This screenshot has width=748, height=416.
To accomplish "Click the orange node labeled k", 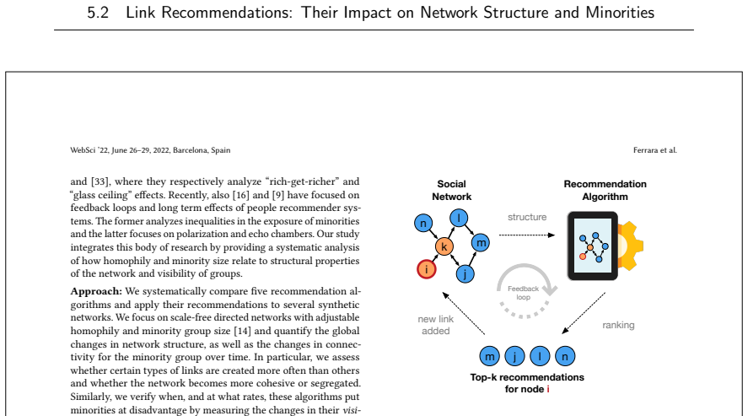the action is click(444, 246).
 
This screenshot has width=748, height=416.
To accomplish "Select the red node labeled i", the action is click(427, 269).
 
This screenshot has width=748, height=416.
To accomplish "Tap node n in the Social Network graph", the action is click(423, 223).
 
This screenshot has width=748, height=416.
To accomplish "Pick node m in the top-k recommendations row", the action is click(489, 356).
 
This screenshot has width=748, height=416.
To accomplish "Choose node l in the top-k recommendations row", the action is click(540, 356).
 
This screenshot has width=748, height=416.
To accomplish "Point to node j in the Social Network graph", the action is click(465, 274).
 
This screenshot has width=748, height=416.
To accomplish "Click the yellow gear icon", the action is click(630, 246).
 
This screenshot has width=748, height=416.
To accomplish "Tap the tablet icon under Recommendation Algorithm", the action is click(593, 246).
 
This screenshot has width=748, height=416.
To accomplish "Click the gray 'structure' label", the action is click(527, 217).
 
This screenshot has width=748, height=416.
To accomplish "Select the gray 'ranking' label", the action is click(618, 326).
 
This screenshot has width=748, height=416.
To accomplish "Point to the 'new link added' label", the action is click(435, 325).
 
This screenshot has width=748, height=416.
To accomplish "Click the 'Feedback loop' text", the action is click(524, 293).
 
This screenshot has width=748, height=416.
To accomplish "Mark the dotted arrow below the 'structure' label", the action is click(527, 235).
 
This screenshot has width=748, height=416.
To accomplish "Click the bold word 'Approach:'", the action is click(96, 291).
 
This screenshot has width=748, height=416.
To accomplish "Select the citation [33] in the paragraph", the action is click(100, 181).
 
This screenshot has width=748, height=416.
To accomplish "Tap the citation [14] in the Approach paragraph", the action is click(242, 331).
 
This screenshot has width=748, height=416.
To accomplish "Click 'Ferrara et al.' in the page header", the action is click(655, 150).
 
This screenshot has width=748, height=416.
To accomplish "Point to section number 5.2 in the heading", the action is click(98, 13).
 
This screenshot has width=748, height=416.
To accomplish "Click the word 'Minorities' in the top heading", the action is click(620, 13).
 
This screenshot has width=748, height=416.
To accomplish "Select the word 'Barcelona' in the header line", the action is click(190, 150).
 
